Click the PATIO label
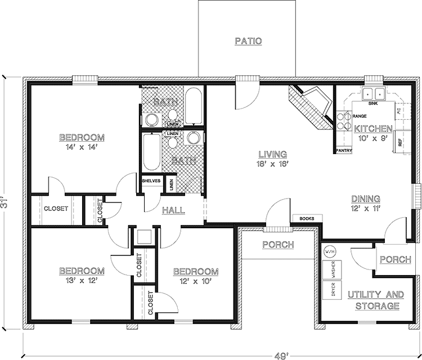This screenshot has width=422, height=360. [x=248, y=41]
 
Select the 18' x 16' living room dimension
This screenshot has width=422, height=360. [x=273, y=164]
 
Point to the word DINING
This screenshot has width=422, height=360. [x=366, y=199]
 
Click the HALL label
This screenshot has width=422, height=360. [x=174, y=210]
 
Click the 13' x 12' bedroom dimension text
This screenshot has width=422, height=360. [x=82, y=280]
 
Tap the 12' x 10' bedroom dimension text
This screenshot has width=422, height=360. [x=195, y=280]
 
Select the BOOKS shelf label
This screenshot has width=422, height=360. [x=307, y=218]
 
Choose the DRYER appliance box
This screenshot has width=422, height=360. [x=333, y=290]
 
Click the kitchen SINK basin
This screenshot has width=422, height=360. [x=372, y=94]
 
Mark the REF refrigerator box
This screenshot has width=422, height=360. [x=401, y=143]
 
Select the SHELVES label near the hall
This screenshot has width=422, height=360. [x=151, y=181]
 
